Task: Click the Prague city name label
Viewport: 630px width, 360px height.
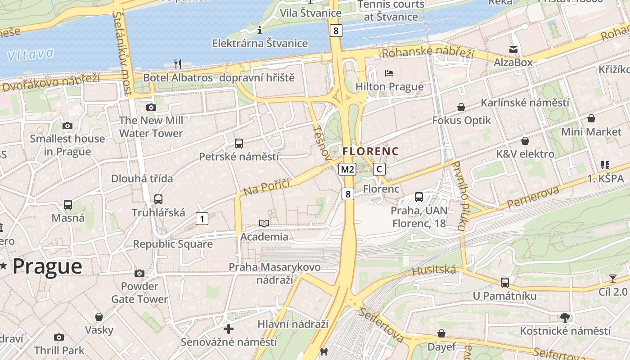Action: [x=47, y=266]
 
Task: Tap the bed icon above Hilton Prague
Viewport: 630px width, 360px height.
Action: [x=389, y=73]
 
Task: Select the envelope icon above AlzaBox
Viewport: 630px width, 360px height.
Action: [x=513, y=49]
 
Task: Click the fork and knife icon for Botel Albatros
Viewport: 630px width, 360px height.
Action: [x=178, y=64]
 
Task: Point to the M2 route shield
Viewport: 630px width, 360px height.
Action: [x=347, y=169]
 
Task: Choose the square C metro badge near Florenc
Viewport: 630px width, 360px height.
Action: [x=379, y=169]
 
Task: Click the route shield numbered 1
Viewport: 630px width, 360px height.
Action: [x=202, y=219]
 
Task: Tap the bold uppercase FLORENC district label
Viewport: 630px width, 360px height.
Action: [x=371, y=151]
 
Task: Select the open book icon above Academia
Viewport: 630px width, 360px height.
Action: [x=264, y=223]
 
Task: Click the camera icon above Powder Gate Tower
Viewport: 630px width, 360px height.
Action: [x=139, y=273]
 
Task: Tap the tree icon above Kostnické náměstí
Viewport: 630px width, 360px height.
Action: [x=565, y=318]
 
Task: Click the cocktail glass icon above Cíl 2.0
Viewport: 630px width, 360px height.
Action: [x=612, y=278]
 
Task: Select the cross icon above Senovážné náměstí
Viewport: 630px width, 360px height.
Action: [x=229, y=329]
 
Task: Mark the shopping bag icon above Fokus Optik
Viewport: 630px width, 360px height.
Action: [x=461, y=107]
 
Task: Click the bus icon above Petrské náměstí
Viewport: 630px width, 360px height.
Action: [x=239, y=144]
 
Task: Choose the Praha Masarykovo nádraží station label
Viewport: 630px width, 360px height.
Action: [x=274, y=273]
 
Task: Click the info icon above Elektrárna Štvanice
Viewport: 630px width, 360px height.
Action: [x=260, y=31]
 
